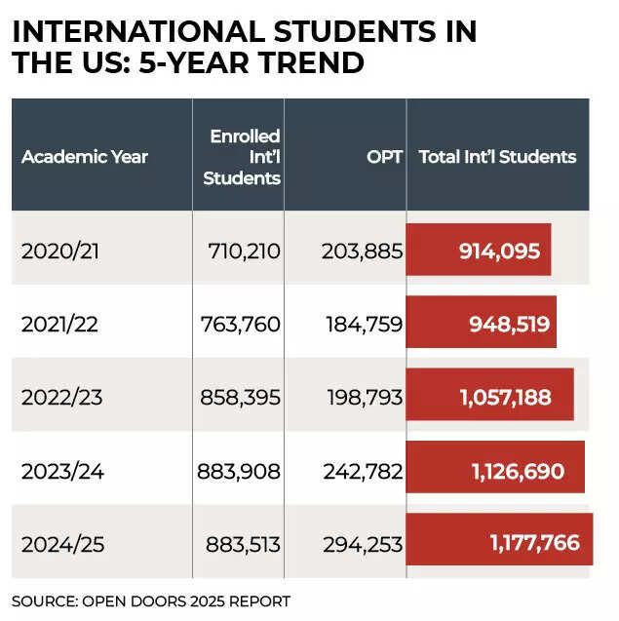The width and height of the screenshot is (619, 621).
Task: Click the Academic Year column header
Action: (85, 156)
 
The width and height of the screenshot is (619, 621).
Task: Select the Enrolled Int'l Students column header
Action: (245, 156)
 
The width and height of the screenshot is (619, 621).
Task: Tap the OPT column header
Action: (384, 156)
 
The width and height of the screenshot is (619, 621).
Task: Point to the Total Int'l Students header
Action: (497, 156)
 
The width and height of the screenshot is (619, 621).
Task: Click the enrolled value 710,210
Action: (244, 251)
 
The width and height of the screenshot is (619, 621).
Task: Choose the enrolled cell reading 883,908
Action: (239, 471)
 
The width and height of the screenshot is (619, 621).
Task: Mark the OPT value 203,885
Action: (362, 251)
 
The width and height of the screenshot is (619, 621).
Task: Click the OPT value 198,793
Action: (362, 397)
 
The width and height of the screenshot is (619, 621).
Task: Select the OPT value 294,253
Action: (362, 543)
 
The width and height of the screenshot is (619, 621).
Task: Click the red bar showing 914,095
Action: (479, 250)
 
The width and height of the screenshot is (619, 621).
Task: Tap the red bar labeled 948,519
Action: (482, 323)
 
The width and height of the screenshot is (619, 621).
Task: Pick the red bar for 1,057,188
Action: (489, 396)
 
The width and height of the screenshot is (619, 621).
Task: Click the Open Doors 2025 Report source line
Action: (151, 601)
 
